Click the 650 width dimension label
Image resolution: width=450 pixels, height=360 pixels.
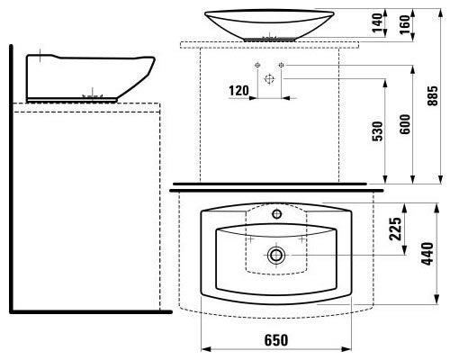pyautogui.click(x=276, y=340)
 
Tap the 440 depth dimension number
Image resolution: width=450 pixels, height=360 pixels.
pyautogui.click(x=427, y=254)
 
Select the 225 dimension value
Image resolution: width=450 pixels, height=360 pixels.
pyautogui.click(x=395, y=229)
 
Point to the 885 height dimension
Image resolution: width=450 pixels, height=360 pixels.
pyautogui.click(x=433, y=96)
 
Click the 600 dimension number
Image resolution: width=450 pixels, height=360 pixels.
pyautogui.click(x=405, y=124)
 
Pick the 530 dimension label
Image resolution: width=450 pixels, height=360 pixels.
pyautogui.click(x=378, y=131)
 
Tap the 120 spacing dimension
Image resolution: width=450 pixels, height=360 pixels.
pyautogui.click(x=238, y=90)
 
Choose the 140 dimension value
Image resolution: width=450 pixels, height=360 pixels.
pyautogui.click(x=377, y=22)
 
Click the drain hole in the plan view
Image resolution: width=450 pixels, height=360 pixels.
pyautogui.click(x=276, y=256)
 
